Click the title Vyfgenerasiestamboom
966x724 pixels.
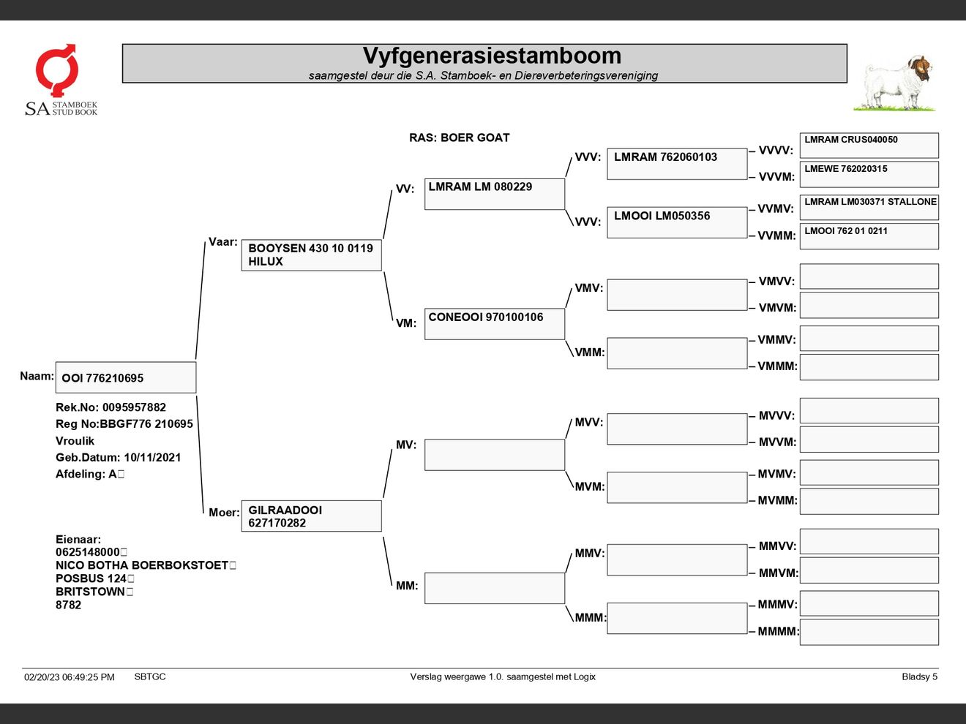click(x=492, y=56)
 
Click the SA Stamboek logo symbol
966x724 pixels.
click(x=56, y=69)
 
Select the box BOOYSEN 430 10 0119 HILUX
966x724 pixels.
click(x=311, y=255)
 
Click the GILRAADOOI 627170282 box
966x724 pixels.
click(x=311, y=516)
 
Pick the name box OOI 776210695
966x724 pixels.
click(x=125, y=378)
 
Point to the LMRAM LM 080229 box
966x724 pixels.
click(x=494, y=195)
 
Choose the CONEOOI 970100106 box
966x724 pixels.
click(x=494, y=324)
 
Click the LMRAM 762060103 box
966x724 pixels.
click(x=676, y=164)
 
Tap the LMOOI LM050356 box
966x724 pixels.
click(x=676, y=222)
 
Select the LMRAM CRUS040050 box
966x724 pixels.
click(x=869, y=146)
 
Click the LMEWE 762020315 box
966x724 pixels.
click(x=869, y=174)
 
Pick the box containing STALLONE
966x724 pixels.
click(x=869, y=207)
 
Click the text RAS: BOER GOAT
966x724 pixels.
click(x=459, y=137)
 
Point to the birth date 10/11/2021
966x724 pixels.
click(x=152, y=458)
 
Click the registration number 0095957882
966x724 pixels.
click(x=134, y=407)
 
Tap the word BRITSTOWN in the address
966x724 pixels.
click(x=90, y=592)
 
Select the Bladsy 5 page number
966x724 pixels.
click(x=919, y=677)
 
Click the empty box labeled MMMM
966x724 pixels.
click(x=869, y=633)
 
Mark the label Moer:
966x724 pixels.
click(x=223, y=513)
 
